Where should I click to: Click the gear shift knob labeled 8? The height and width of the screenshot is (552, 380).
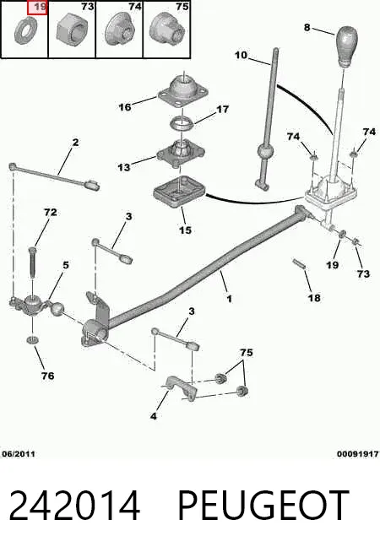tap(346, 46)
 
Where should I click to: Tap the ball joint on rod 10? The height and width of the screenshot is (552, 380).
tap(265, 152)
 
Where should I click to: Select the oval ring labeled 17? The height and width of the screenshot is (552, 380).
tap(182, 123)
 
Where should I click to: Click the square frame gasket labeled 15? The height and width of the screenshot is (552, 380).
tap(179, 192)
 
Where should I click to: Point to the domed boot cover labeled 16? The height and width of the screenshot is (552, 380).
tap(183, 91)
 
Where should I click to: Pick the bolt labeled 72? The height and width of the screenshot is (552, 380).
tap(32, 262)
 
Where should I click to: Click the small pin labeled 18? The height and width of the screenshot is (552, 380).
tap(299, 263)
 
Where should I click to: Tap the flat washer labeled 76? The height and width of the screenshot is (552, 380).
tap(33, 340)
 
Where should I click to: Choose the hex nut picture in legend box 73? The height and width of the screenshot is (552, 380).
tap(72, 30)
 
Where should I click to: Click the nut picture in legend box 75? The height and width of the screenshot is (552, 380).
tap(168, 28)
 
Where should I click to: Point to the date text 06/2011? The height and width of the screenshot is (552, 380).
tap(19, 454)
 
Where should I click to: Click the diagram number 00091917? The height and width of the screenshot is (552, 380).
tap(357, 454)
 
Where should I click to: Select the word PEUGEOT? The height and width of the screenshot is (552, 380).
tap(263, 506)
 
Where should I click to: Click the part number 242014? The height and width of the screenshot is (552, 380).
tap(74, 506)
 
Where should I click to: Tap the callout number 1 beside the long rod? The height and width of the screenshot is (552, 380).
tap(230, 299)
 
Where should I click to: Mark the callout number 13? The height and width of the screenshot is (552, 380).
tap(123, 167)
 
